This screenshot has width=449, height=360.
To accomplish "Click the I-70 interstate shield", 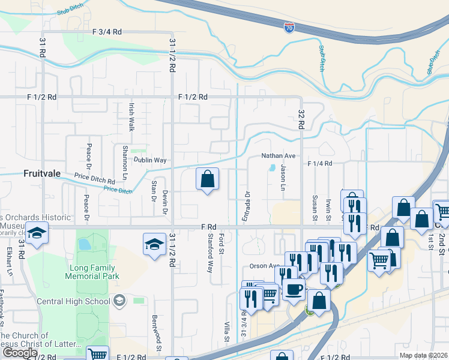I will (x=289, y=28).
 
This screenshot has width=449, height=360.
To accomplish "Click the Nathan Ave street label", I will (x=278, y=155).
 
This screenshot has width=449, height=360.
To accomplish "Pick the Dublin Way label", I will (x=149, y=160).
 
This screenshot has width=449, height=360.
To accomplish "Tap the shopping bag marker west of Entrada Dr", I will (x=207, y=179).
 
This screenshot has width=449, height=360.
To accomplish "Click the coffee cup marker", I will (x=294, y=289).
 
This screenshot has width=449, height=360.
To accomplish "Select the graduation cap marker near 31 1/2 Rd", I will (x=154, y=244).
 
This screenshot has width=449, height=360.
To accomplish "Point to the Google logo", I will (x=20, y=353).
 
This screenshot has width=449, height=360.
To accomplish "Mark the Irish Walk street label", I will (x=131, y=116).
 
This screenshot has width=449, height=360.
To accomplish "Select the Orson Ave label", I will (x=265, y=266).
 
